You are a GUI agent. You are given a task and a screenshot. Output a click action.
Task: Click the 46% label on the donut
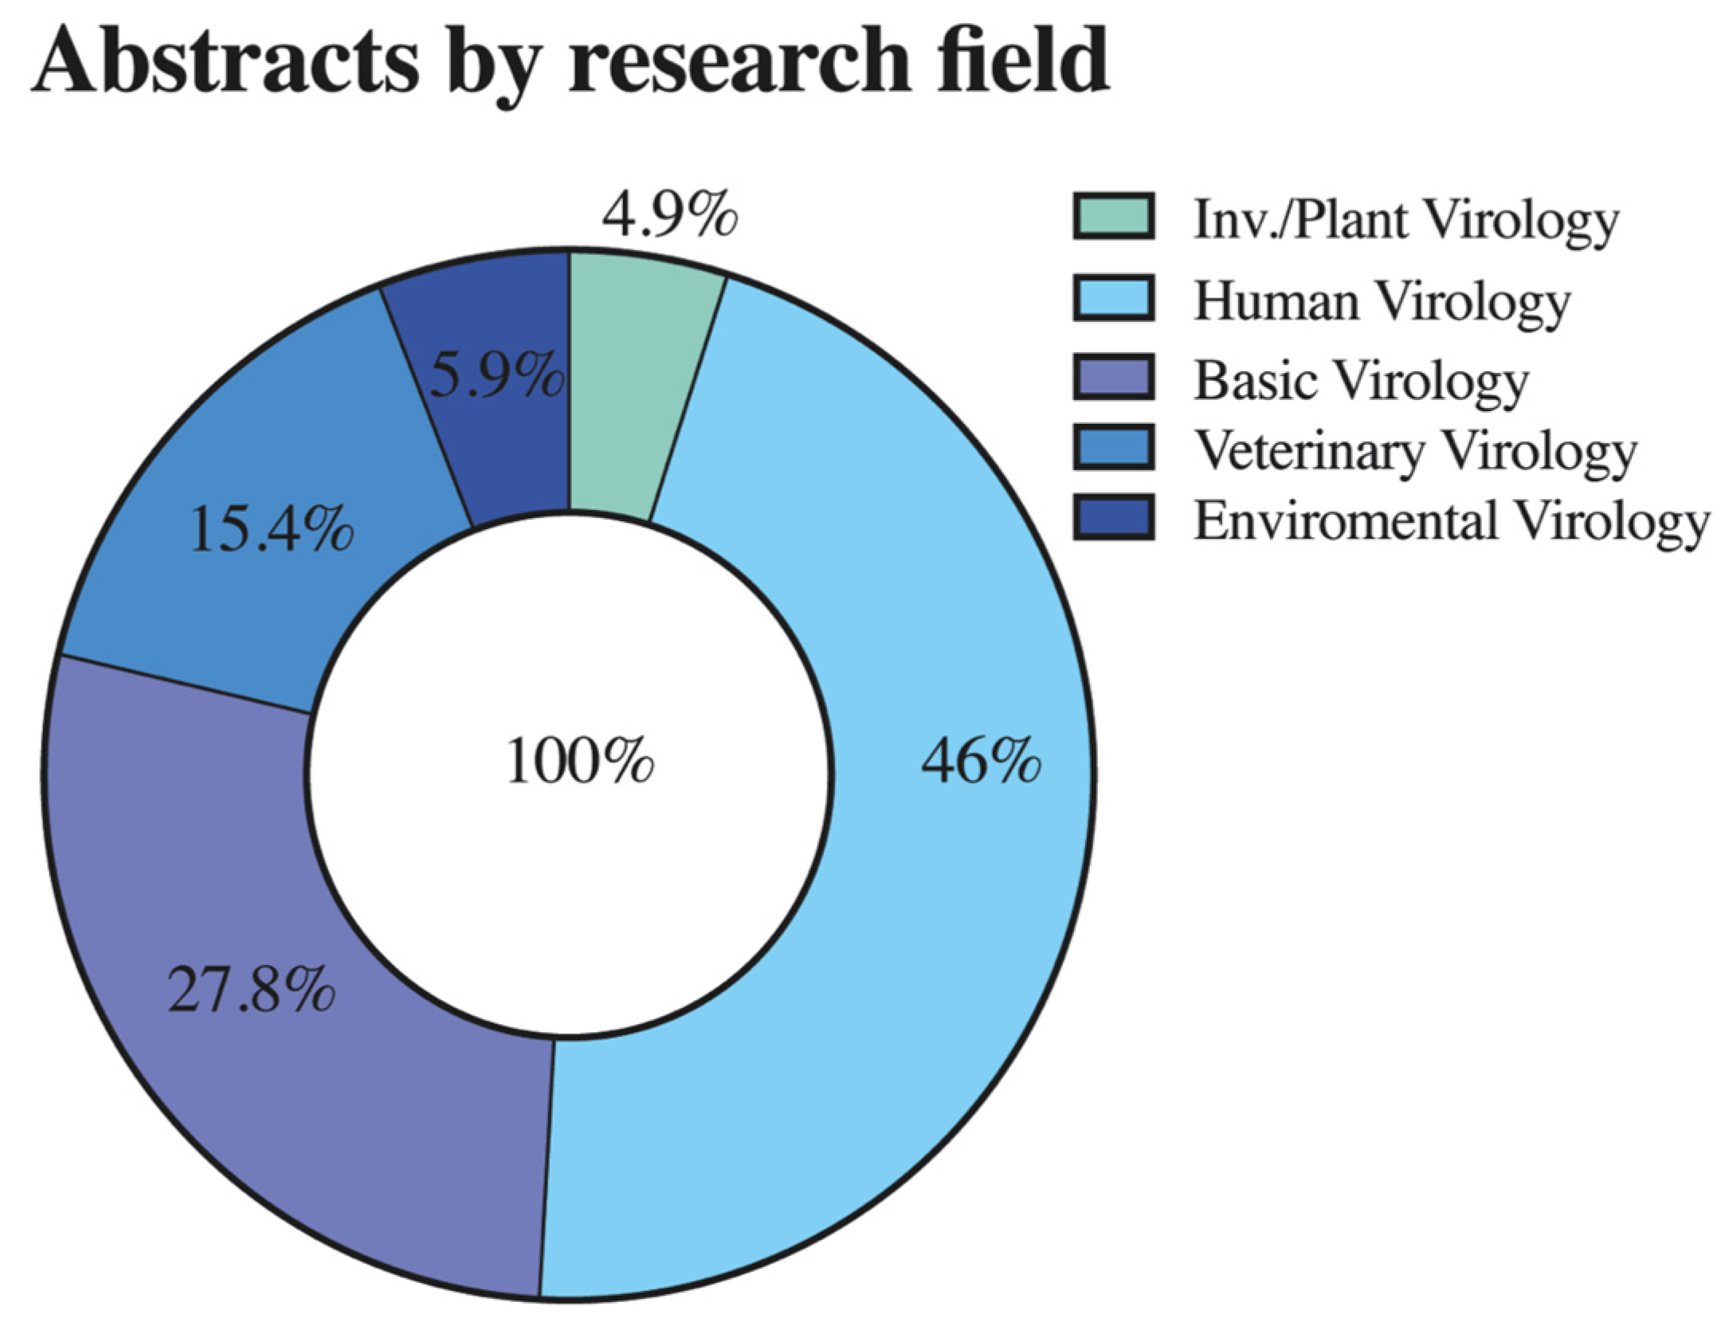coord(980,763)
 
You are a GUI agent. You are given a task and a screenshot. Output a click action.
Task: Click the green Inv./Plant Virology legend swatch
coord(1113,216)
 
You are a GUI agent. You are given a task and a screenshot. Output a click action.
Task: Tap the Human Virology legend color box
coord(1113,297)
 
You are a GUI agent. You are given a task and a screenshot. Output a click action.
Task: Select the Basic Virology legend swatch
coord(1113,377)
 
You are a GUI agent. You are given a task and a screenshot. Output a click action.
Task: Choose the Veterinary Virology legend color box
coord(1113,447)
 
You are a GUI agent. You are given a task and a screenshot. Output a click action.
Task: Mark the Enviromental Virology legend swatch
coord(1113,517)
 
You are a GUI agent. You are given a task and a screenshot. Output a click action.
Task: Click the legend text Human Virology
coord(1382,303)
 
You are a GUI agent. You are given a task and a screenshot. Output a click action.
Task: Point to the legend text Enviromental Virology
coord(1451,522)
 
